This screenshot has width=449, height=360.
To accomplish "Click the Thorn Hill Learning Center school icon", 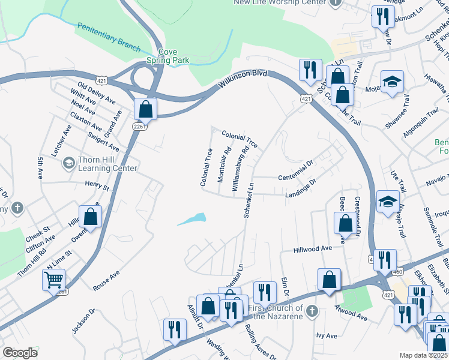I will tap(68, 163).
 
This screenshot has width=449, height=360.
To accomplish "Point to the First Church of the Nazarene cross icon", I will tap(311, 311).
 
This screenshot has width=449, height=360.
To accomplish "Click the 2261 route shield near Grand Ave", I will tap(139, 125).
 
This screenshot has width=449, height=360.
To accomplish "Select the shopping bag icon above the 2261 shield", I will tap(145, 109).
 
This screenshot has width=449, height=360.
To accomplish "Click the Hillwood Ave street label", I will tap(313, 248).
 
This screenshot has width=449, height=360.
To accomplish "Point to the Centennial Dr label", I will tap(297, 169).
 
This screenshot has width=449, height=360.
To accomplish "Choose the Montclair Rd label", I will tap(224, 165).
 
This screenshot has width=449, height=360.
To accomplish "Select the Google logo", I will tap(20, 353).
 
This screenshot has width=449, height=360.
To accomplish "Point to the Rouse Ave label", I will tap(107, 280).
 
